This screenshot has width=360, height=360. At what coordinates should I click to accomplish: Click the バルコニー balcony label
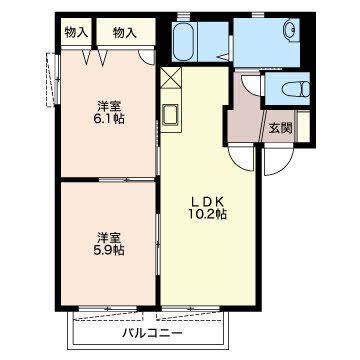152,330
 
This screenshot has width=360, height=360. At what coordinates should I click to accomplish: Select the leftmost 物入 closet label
76,33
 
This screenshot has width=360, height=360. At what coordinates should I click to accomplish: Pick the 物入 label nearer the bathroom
125,33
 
